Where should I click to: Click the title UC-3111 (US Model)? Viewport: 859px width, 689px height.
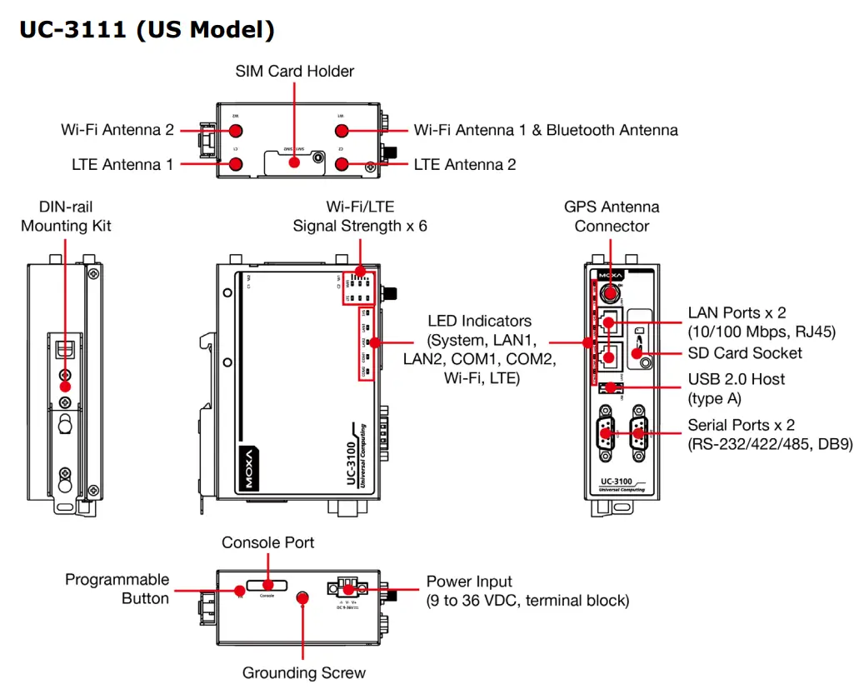147,30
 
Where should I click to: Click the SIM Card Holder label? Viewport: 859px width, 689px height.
294,72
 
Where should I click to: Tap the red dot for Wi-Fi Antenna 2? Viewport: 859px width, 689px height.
236,131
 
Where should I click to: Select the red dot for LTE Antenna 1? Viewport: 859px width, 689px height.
236,164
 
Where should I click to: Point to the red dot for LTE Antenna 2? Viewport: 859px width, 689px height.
341,164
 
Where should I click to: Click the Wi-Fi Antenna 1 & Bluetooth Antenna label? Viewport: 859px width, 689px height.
545,130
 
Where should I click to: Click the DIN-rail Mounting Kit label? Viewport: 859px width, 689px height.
66,216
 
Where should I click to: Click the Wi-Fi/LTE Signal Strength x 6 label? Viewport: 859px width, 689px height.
359,216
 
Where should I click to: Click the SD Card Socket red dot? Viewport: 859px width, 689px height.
643,353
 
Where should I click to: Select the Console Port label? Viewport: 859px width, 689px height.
267,542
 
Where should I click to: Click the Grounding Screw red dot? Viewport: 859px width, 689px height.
303,597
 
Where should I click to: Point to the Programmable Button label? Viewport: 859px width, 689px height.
117,588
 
